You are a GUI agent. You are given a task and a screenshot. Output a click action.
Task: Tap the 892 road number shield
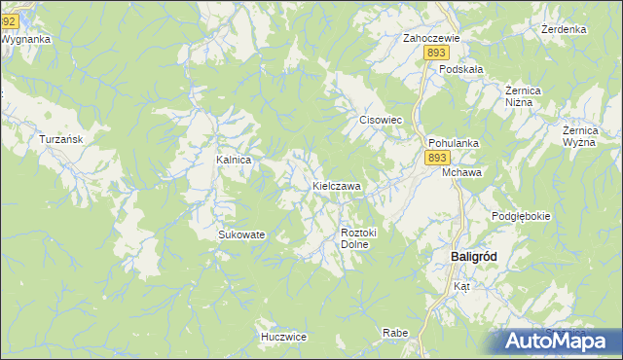[9, 7]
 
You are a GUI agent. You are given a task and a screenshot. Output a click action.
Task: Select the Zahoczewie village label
[431, 39]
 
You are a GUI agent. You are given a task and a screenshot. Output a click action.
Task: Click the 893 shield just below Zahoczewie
[435, 55]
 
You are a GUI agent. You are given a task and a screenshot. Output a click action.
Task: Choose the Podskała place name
[461, 70]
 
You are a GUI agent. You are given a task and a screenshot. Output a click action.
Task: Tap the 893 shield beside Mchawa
[438, 158]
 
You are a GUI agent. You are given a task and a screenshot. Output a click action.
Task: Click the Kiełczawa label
[337, 185]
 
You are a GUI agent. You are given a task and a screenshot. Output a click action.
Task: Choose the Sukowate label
[241, 234]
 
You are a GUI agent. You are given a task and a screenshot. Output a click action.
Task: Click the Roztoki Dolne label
[358, 238]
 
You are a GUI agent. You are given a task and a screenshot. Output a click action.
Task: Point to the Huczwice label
[284, 337]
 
